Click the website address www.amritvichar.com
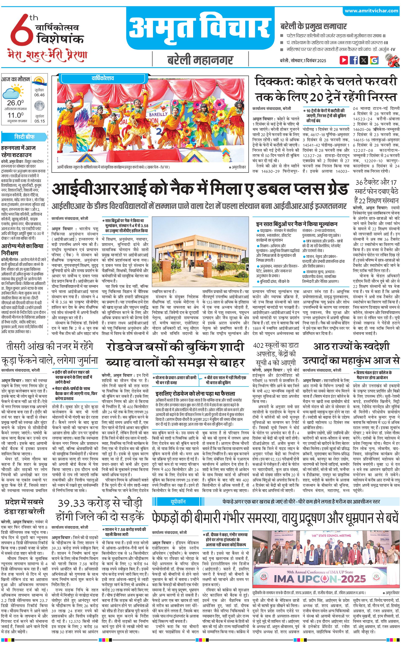[371, 11]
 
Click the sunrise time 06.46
[39, 95]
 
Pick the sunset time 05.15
[39, 121]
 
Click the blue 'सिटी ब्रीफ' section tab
[24, 137]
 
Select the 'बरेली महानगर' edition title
[200, 60]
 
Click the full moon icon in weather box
[39, 106]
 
